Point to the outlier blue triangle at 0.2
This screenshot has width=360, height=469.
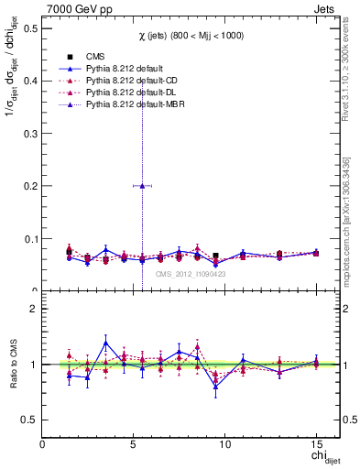click(142, 185)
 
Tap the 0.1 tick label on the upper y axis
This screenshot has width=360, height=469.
click(29, 238)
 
